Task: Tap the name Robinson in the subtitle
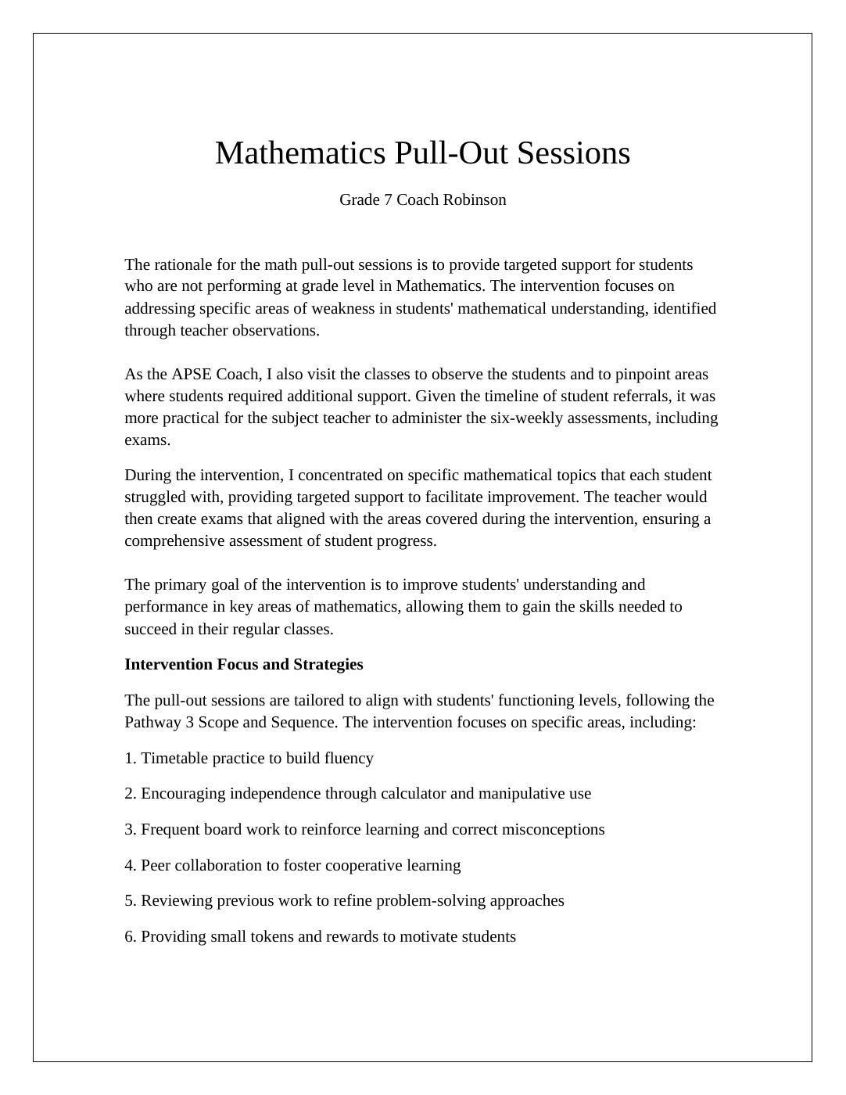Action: tap(475, 200)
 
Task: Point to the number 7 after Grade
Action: tap(388, 200)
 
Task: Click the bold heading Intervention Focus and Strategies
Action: tap(243, 665)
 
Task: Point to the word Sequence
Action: tap(304, 723)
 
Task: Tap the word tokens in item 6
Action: tap(271, 937)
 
